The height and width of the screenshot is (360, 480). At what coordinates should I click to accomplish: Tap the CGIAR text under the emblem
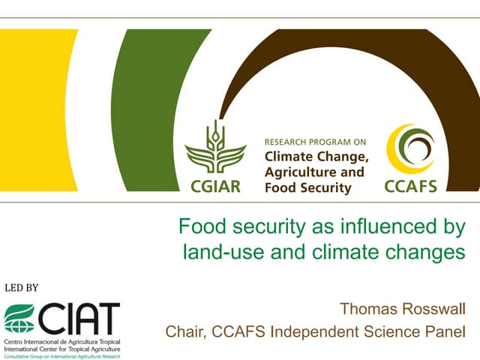(215, 185)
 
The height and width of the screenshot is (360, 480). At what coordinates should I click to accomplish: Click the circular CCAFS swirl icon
(409, 147)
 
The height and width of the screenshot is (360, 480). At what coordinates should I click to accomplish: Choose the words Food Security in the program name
(307, 187)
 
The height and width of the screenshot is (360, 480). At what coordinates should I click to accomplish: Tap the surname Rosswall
(434, 308)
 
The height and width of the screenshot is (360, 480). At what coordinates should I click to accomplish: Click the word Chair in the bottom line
(185, 331)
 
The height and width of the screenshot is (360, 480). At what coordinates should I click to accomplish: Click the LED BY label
(22, 287)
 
